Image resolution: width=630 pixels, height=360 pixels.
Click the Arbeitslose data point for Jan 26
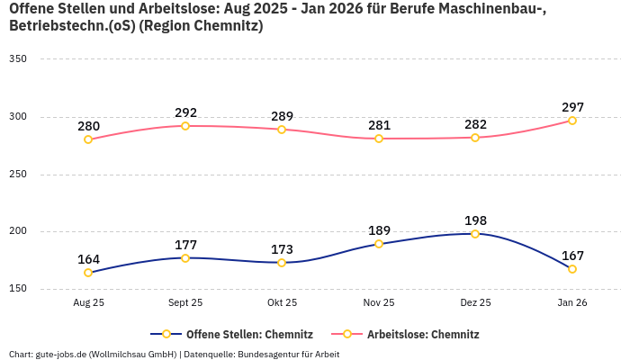pos(572,121)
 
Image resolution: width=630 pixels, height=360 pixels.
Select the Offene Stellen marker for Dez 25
pos(475,234)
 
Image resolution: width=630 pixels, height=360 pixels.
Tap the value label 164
pos(88,259)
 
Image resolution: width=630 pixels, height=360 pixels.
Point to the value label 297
pos(572,107)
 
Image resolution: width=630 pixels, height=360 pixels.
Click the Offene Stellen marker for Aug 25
pos(88,273)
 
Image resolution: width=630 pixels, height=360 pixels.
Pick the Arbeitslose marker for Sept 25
pos(185,126)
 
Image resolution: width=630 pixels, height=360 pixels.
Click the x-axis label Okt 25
pos(282,303)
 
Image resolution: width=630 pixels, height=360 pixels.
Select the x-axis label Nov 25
pos(379,303)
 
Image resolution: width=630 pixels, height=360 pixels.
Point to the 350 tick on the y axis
pos(18,59)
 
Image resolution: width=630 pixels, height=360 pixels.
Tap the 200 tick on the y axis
pos(18,231)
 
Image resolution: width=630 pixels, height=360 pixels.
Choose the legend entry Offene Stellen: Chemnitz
pos(234,335)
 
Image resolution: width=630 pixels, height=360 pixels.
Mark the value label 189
pos(379,230)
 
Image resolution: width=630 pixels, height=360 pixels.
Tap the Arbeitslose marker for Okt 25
pos(282,130)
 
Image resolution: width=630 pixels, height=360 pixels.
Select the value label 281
pos(379,125)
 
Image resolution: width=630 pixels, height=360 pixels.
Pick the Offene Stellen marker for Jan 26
pos(572,269)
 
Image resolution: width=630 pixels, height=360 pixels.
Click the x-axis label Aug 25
pos(88,303)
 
